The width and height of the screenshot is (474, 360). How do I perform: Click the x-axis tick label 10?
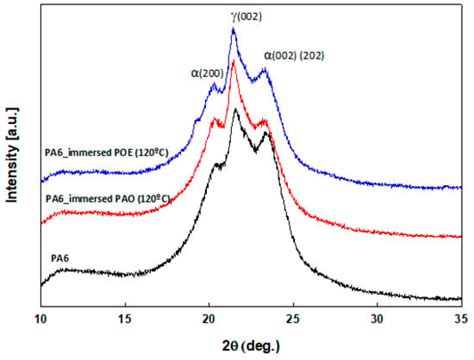[41, 317]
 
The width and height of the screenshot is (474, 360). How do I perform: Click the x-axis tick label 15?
[125, 317]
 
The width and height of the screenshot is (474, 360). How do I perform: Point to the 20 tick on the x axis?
[208, 317]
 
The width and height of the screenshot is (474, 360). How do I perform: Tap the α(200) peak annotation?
[208, 71]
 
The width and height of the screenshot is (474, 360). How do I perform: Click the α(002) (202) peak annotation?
[307, 56]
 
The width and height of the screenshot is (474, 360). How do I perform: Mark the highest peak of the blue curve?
[233, 29]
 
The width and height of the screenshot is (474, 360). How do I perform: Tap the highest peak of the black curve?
[235, 109]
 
